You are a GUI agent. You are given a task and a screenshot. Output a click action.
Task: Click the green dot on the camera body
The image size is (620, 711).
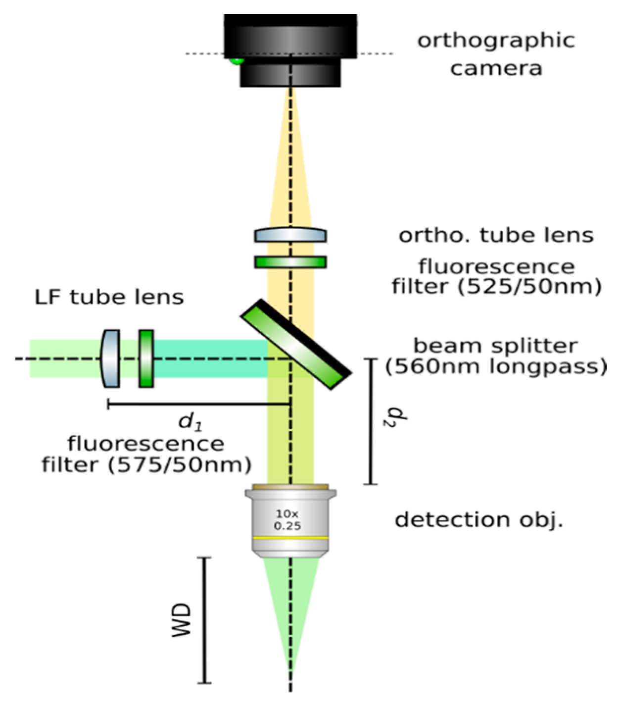[237, 61]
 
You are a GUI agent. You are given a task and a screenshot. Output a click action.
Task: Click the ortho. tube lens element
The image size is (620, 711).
[290, 234]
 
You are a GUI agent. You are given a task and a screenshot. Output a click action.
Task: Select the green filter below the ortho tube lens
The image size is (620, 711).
[290, 262]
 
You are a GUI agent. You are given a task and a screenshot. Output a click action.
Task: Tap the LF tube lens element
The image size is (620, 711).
[111, 358]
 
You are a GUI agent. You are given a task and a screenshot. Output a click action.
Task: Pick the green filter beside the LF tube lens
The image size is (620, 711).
[146, 358]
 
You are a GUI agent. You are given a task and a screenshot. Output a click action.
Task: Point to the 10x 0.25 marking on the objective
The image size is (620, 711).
[287, 520]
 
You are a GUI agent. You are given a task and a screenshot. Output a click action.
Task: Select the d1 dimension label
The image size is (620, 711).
[191, 421]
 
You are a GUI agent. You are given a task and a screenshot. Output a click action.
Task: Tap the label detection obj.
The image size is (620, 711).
[479, 520]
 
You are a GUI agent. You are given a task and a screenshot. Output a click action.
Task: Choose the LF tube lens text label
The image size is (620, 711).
[109, 297]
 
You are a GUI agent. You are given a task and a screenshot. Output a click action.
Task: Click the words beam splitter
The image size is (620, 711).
[495, 345]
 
